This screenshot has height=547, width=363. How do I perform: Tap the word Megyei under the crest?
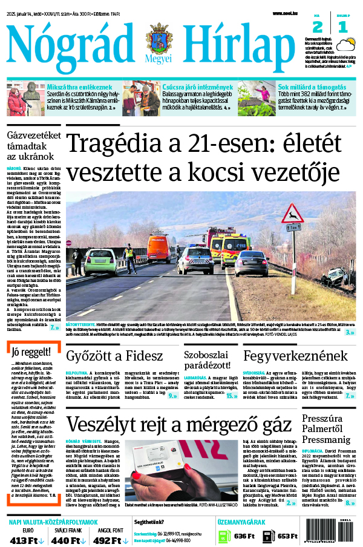tap(159, 61)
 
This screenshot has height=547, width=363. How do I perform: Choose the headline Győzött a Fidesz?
tap(114, 355)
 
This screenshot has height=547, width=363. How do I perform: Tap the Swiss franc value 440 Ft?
tap(69, 540)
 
